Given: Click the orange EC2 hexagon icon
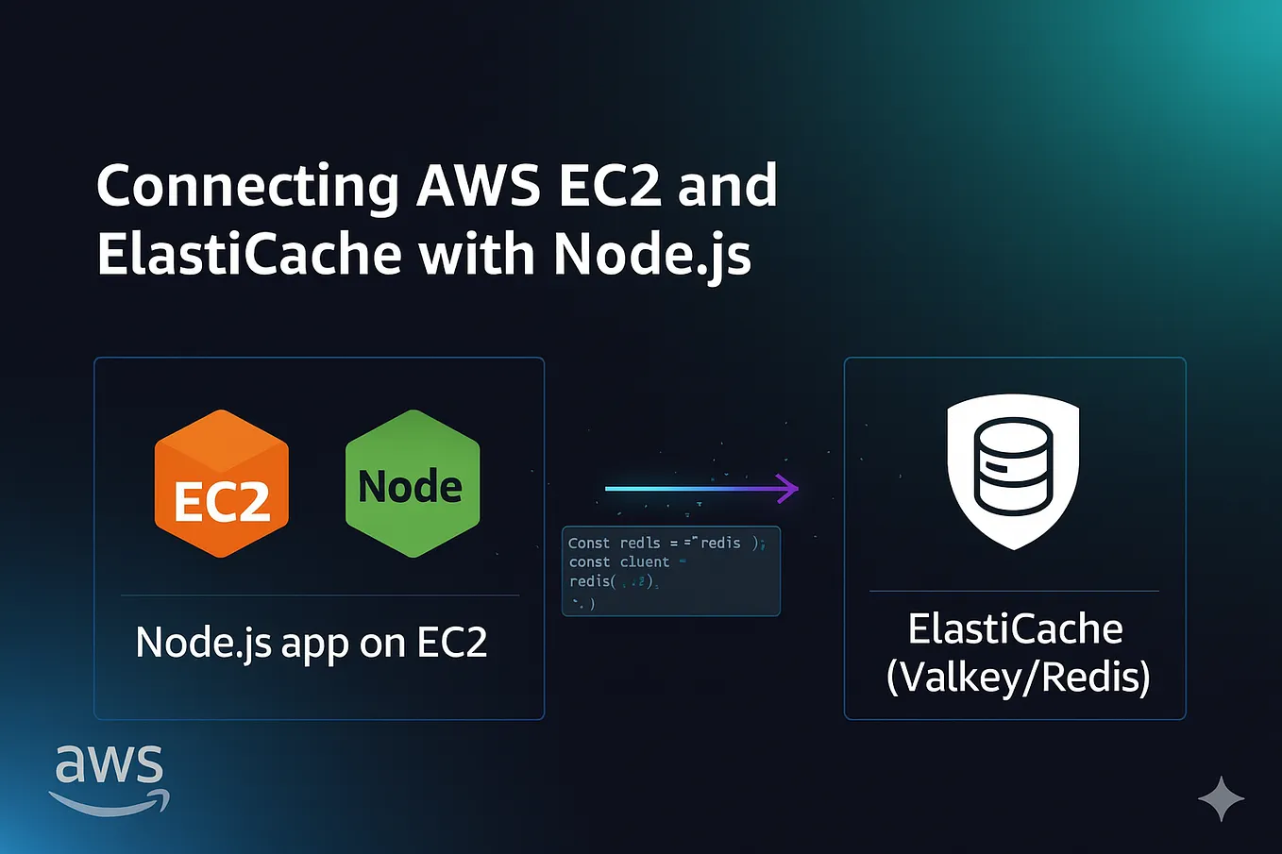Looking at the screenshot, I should [222, 483].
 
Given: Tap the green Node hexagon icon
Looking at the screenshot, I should [413, 483].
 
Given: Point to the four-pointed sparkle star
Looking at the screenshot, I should [1221, 798].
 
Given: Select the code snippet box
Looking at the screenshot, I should [670, 571].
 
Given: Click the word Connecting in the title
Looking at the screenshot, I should [247, 187].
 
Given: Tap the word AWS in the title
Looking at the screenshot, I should [479, 185].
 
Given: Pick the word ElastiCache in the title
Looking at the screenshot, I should [249, 255].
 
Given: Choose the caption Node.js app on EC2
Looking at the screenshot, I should [312, 644].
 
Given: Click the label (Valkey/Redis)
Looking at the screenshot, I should [1018, 677].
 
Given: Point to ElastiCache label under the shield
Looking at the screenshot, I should [1015, 628].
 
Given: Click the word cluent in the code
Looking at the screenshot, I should [645, 561].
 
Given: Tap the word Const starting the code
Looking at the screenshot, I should [589, 543].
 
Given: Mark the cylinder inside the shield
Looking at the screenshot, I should [1013, 465].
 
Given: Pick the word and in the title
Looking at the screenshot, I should [728, 185].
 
